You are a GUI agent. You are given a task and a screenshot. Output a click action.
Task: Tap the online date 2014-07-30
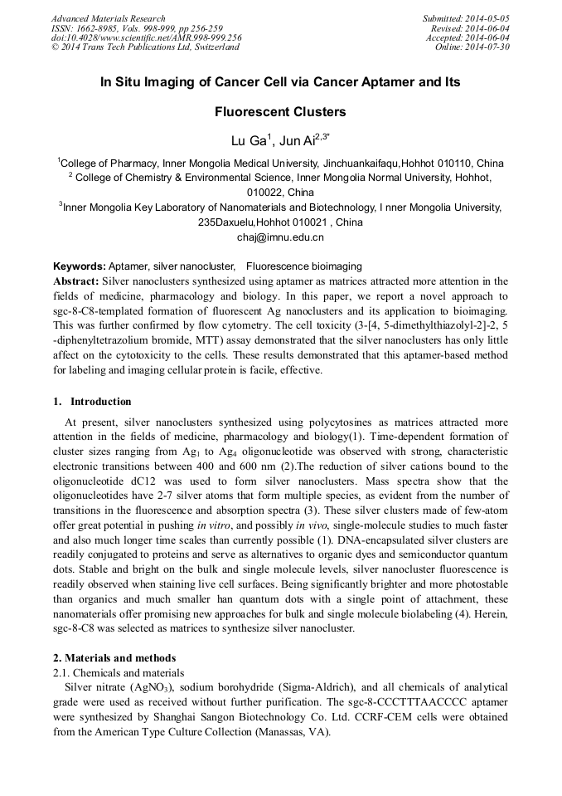tap(488, 47)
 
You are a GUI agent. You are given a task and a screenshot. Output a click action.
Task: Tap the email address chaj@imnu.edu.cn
tap(280, 237)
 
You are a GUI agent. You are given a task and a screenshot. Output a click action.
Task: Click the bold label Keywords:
tap(80, 266)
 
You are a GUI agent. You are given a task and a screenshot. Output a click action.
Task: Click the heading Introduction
tap(100, 401)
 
